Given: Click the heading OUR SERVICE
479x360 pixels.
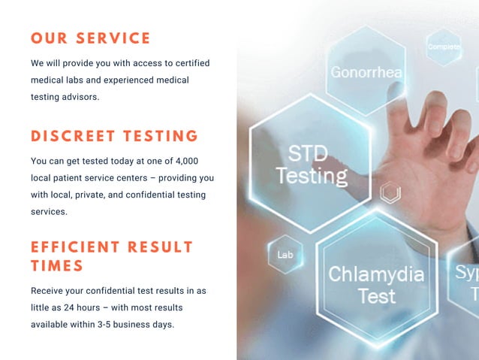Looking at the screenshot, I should point(91,38).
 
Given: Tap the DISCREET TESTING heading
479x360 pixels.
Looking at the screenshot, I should point(114,136).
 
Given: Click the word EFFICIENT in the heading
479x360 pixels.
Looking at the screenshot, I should point(75,247).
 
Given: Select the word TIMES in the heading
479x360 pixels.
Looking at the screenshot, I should point(57,265).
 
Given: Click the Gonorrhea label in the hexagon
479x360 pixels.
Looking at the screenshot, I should point(366,73).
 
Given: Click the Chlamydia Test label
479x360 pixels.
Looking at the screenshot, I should point(376,284).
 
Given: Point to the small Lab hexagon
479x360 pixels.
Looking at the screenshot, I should point(285,255).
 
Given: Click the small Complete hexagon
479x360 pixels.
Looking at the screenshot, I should point(444,47).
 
